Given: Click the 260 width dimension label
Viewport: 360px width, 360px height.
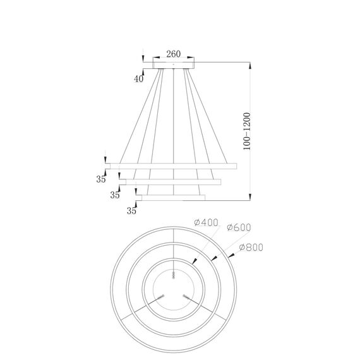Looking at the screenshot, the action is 173,54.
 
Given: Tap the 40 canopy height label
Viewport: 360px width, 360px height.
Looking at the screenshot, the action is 139,79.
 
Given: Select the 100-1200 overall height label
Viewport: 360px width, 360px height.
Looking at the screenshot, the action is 247,131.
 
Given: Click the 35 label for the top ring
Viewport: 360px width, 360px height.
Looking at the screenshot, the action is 101,179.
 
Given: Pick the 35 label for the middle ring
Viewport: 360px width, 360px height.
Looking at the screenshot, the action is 115,195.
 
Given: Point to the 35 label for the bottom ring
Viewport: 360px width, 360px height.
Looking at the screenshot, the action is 131,210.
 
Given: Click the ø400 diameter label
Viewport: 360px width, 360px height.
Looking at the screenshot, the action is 206,222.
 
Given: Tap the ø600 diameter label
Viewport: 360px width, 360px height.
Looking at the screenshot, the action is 239,227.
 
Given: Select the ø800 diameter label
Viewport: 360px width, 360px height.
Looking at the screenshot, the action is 251,248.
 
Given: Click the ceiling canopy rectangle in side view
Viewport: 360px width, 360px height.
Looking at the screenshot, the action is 174,65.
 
